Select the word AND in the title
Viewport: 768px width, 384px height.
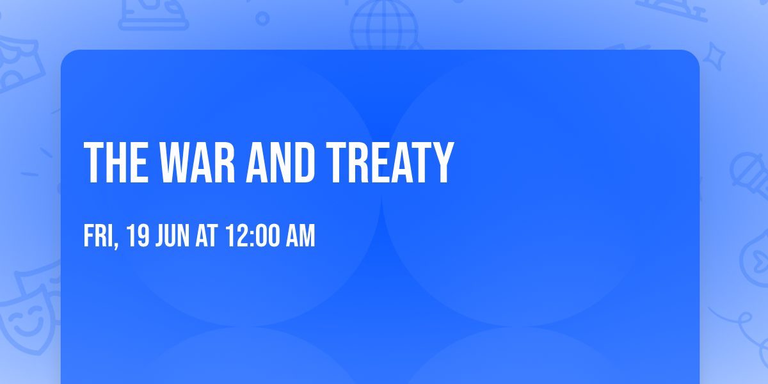point(283,163)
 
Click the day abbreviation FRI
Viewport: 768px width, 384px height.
point(98,237)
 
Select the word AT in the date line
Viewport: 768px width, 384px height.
point(207,237)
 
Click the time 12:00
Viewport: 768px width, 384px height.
point(253,237)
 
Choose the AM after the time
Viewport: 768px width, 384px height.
point(300,237)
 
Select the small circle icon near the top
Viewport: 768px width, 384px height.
point(262,18)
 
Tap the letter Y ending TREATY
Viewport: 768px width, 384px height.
point(440,163)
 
